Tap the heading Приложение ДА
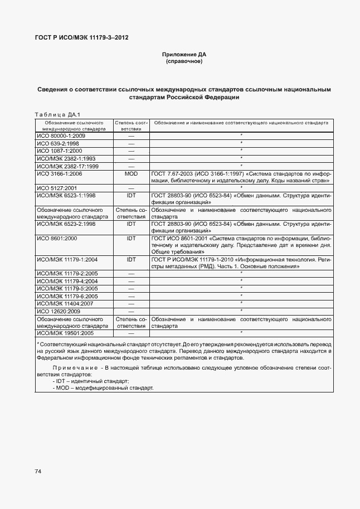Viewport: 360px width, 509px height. coord(184,55)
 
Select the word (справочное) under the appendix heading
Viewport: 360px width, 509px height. coord(184,61)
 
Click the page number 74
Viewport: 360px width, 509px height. coord(38,472)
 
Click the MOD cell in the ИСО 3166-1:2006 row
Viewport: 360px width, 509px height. coord(132,174)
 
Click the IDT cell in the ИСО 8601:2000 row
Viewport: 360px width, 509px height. coord(132,238)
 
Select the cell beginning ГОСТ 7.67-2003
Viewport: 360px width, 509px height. coord(241,177)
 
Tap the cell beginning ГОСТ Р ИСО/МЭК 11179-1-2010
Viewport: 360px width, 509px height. coord(241,263)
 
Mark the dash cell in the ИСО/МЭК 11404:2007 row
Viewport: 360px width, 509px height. coord(132,303)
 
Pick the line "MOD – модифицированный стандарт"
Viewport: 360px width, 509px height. coord(103,387)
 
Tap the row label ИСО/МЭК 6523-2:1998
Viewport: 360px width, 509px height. coord(66,224)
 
